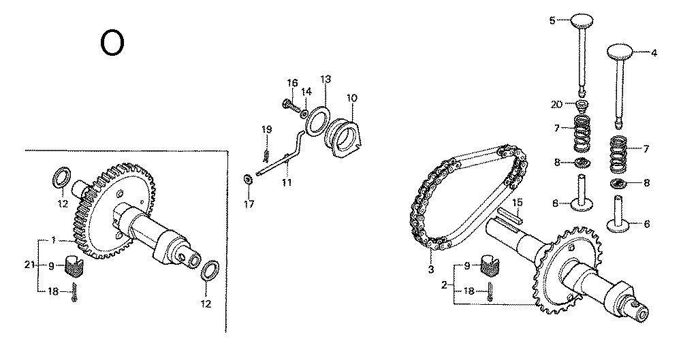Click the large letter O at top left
tap(112, 43)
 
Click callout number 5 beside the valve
tap(552, 20)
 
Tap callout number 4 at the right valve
tap(654, 52)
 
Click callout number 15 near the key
tap(517, 202)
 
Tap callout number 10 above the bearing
tap(351, 98)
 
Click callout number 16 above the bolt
tap(293, 83)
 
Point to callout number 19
tap(267, 129)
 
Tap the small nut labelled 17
tap(248, 179)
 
